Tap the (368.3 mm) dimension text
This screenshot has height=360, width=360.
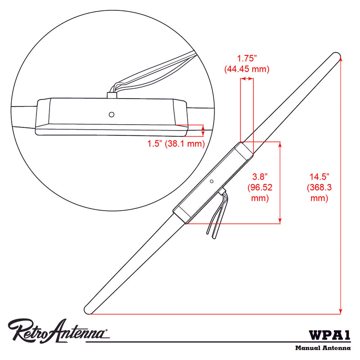[x=319, y=192]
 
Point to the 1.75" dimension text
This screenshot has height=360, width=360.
[x=247, y=58]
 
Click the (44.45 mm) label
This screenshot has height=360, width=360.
[x=247, y=69]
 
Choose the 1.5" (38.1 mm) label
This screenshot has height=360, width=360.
[x=176, y=144]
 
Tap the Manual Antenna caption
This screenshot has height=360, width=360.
[x=323, y=348]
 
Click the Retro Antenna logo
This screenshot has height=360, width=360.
[x=58, y=332]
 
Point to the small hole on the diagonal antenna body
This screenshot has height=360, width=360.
[x=211, y=181]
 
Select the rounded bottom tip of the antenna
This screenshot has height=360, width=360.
[x=89, y=310]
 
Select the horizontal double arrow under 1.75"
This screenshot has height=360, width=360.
[x=247, y=79]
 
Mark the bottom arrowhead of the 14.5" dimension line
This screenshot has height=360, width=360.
[x=340, y=310]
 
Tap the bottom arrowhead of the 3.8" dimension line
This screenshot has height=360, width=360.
[x=281, y=220]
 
